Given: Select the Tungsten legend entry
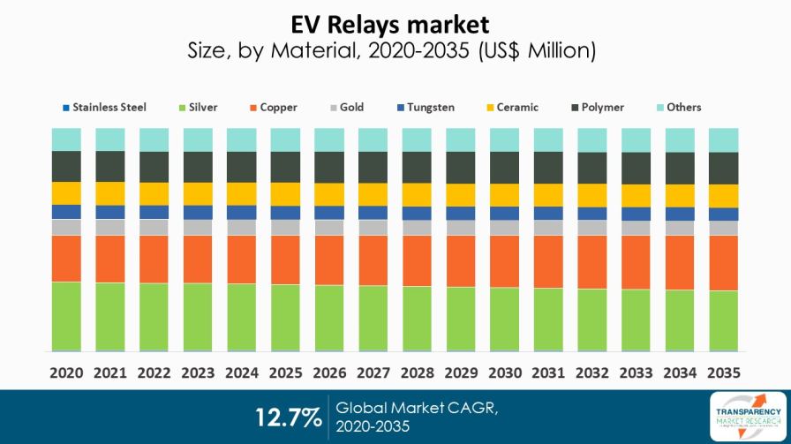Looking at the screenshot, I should [426, 108].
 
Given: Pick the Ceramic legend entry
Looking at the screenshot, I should [516, 108].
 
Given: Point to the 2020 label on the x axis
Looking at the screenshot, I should [66, 373].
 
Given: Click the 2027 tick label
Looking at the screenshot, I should [373, 373].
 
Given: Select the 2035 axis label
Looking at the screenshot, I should [723, 373].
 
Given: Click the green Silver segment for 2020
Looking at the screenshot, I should [66, 316].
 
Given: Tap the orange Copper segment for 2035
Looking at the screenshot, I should [723, 263].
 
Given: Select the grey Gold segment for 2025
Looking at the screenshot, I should [285, 227].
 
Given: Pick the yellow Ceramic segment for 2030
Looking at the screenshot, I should [504, 195].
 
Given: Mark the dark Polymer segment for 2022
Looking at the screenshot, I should [154, 167].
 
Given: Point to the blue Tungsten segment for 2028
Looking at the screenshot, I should [417, 214].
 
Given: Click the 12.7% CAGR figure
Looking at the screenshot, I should [288, 417].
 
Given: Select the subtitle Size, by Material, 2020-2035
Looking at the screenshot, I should [391, 51].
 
